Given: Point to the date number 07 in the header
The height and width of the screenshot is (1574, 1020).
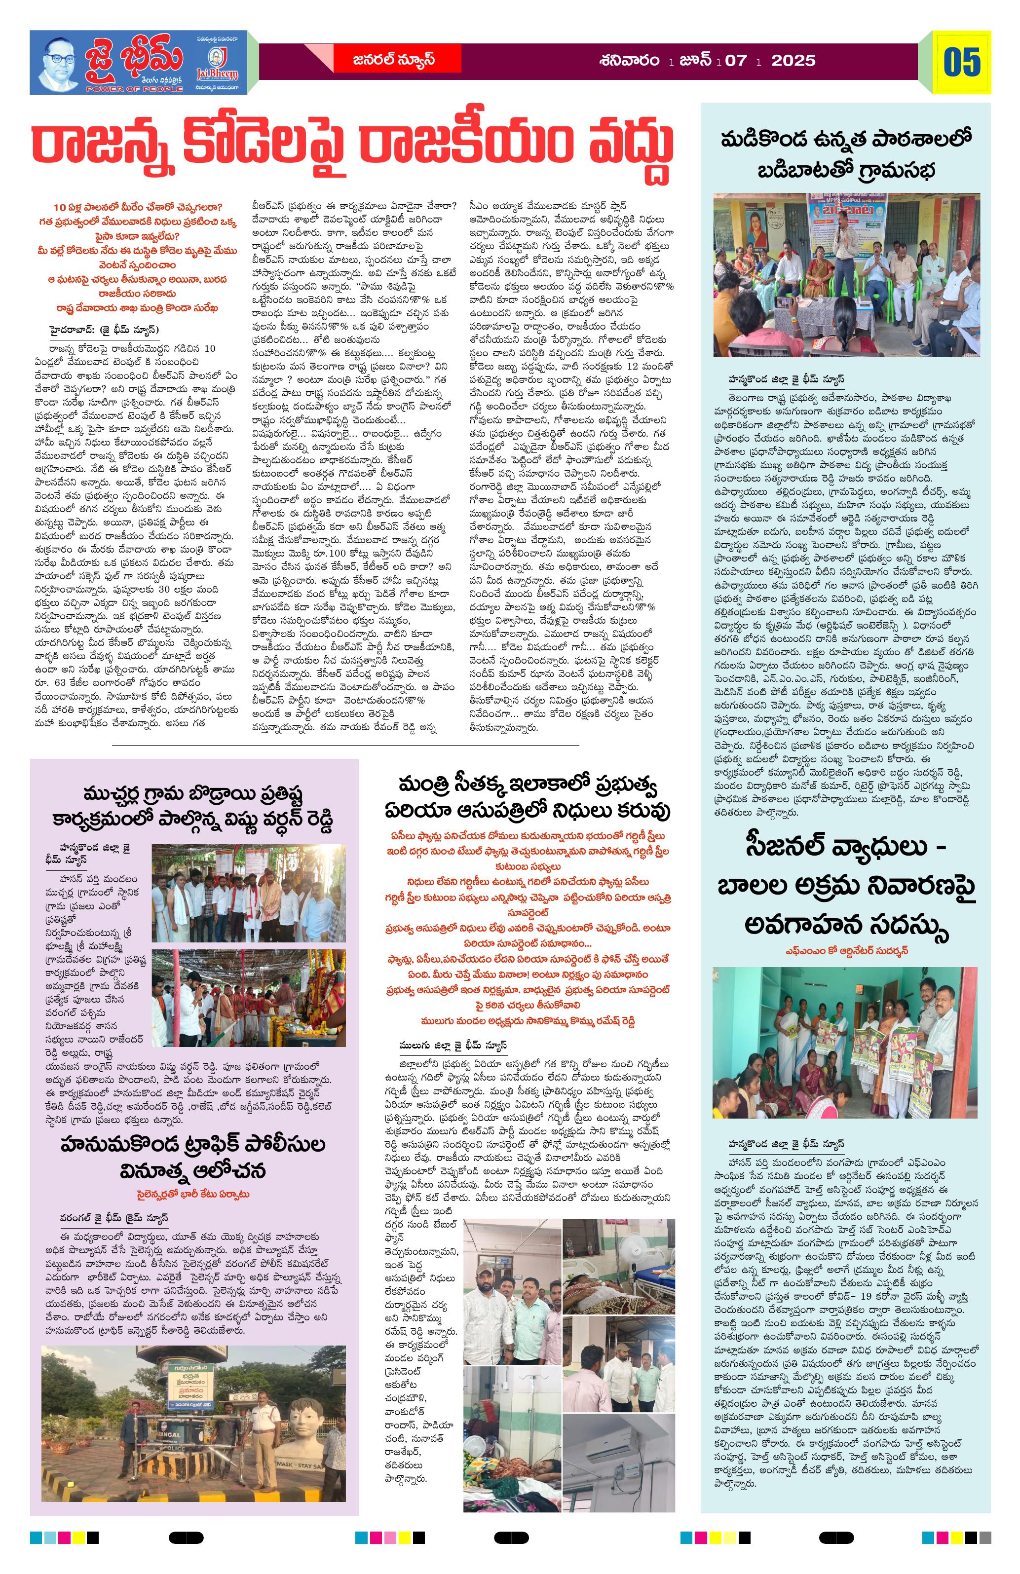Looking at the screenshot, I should coord(736,61).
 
